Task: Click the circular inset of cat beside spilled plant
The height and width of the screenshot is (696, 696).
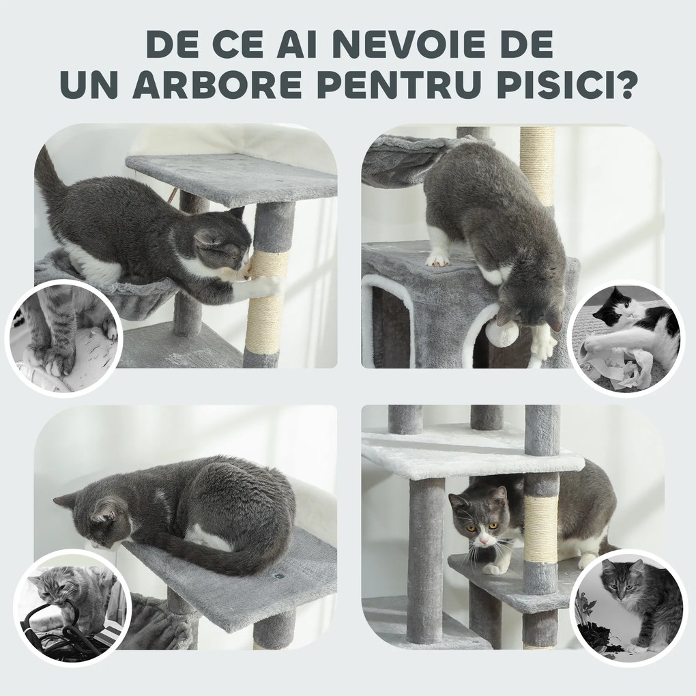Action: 628,608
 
